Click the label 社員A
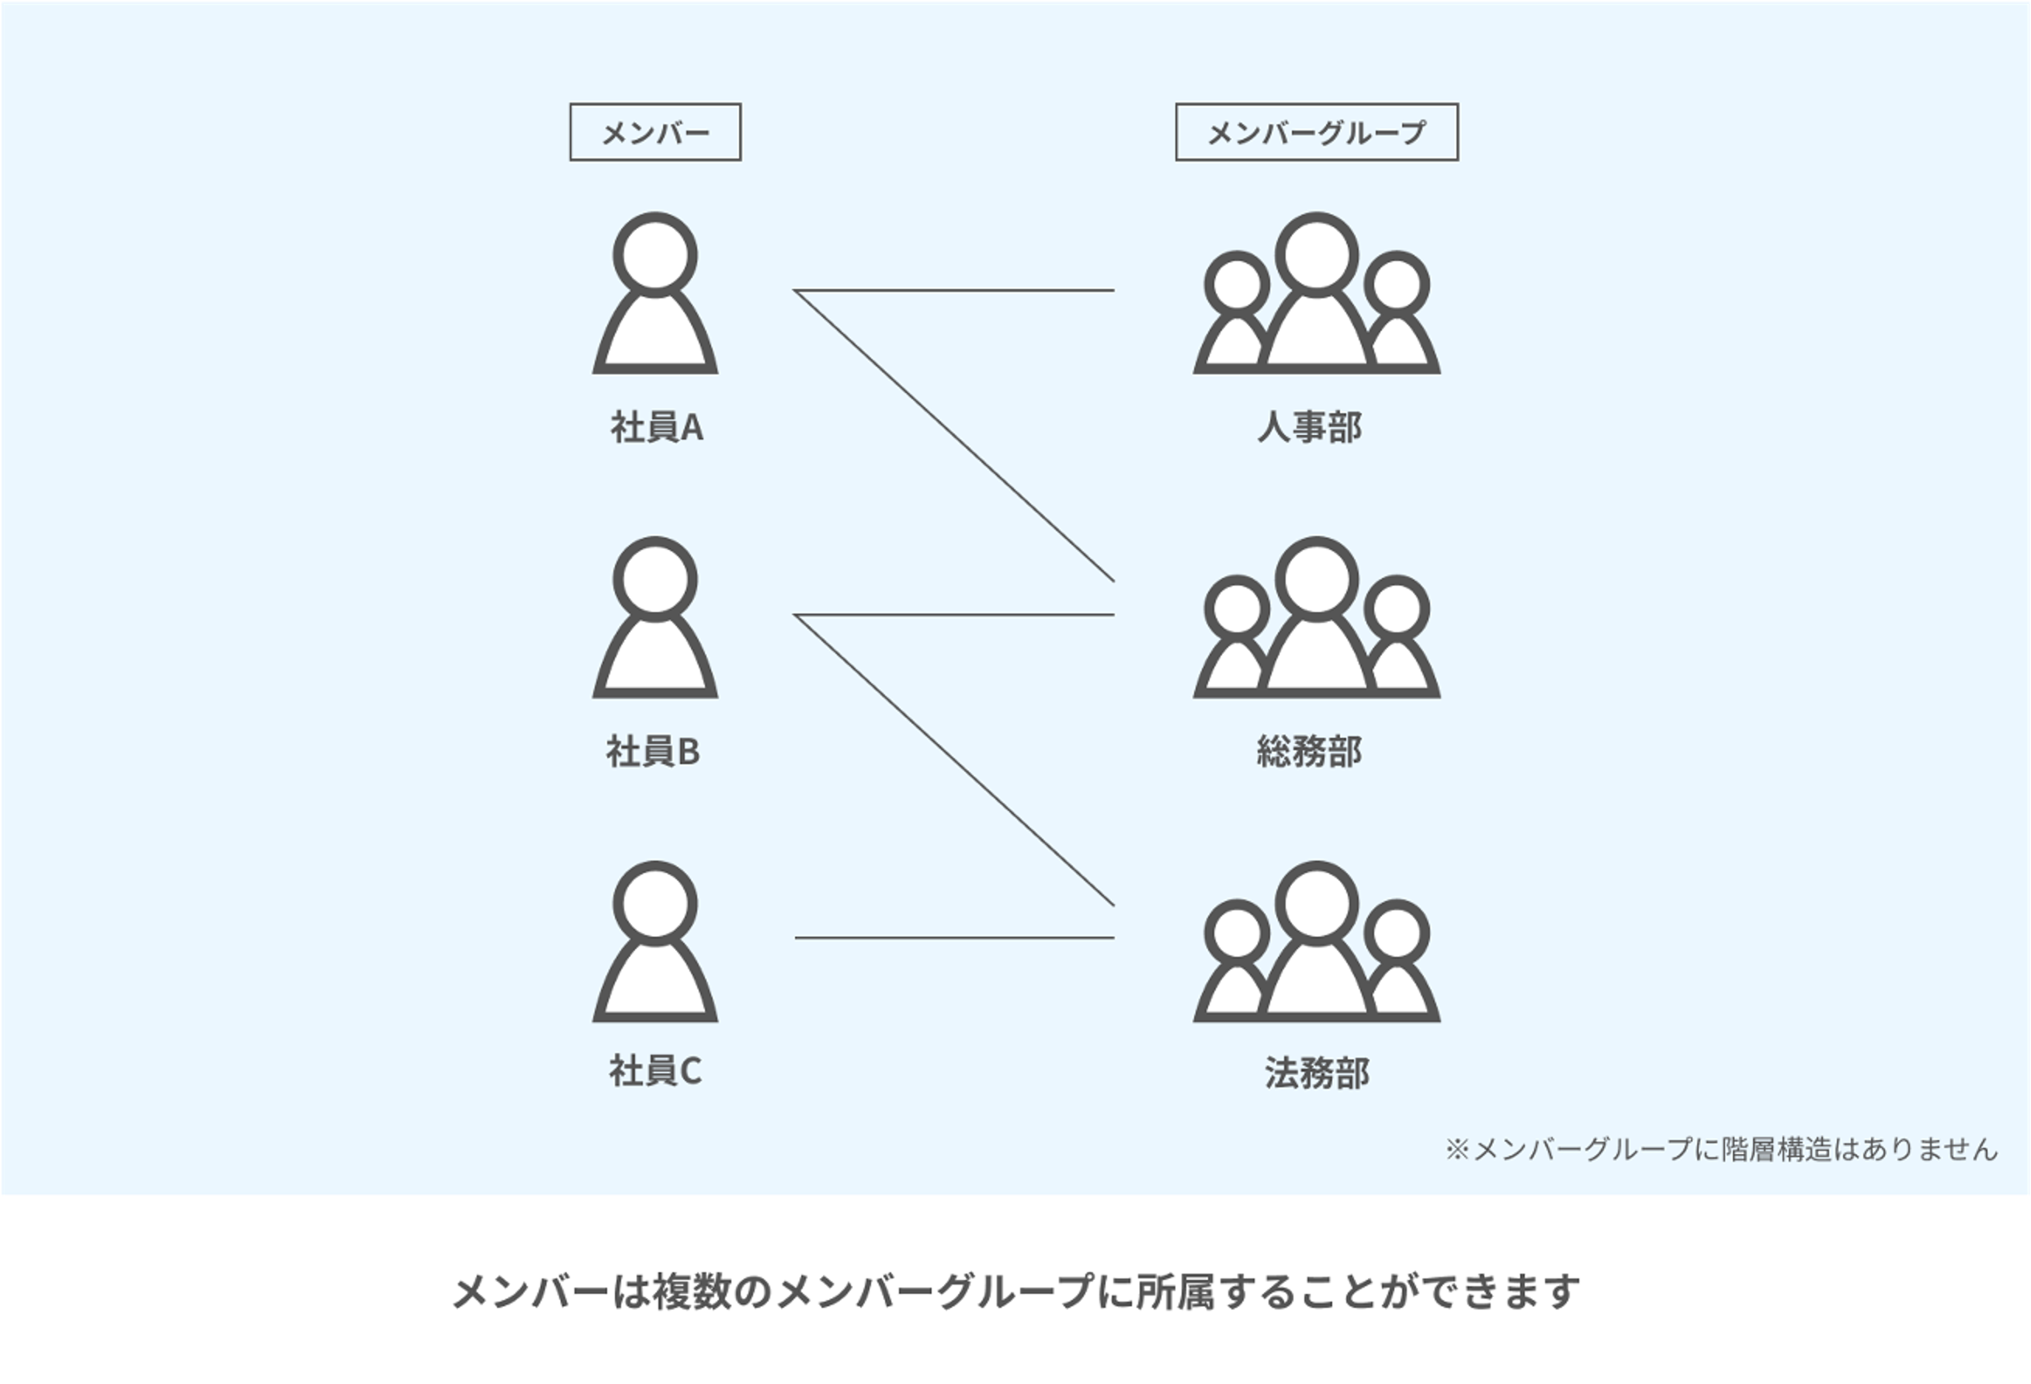pos(656,427)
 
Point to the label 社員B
pos(653,752)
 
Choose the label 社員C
pos(655,1071)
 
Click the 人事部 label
pos(1309,427)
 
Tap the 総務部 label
pos(1309,752)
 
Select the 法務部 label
pos(1316,1073)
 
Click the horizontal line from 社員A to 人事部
pos(954,290)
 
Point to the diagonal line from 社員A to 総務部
pos(954,436)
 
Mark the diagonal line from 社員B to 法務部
pos(954,760)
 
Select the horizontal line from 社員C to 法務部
pos(954,938)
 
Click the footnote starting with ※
pos(1720,1149)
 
